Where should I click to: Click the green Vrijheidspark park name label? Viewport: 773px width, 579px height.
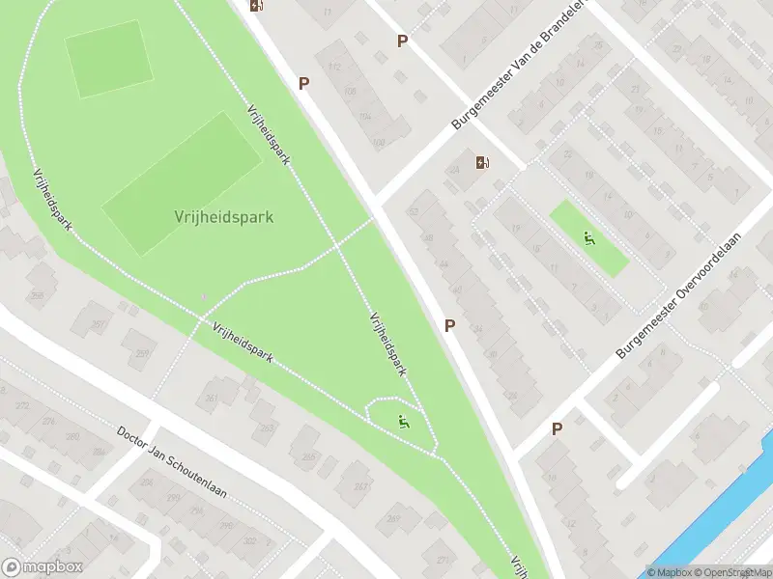(224, 217)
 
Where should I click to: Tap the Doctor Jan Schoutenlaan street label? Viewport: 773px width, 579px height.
(172, 462)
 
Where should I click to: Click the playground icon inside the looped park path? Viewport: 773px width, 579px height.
(403, 421)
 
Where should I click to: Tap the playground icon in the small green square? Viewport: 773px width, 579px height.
(587, 237)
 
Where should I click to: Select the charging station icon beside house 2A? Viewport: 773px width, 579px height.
(482, 162)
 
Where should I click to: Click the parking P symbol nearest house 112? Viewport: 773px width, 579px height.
(303, 84)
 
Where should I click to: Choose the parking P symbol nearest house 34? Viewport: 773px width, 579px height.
(449, 326)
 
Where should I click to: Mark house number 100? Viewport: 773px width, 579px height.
(378, 143)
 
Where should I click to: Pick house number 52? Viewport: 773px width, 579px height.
(415, 210)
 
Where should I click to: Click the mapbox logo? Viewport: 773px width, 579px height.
(42, 567)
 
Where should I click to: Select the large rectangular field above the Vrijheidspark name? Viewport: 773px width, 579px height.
(183, 182)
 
